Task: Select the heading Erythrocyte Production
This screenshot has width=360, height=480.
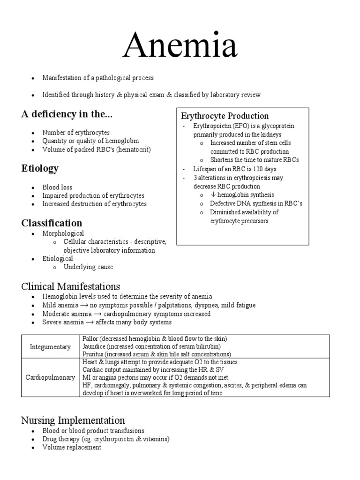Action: point(225,116)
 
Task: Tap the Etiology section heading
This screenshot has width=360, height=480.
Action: point(39,168)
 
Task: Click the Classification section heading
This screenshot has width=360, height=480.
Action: point(52,223)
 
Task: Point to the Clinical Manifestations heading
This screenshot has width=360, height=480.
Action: point(71,286)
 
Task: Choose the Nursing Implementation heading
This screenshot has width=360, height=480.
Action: point(73,420)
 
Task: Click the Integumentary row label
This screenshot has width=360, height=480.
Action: point(51,347)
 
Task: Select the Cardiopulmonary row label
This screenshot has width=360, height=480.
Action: point(51,377)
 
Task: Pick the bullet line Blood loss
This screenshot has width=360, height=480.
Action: point(57,187)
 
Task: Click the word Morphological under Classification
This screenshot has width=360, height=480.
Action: point(63,233)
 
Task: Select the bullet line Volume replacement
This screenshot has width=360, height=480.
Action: point(72,447)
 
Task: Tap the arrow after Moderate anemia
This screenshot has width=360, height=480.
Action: point(99,314)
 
